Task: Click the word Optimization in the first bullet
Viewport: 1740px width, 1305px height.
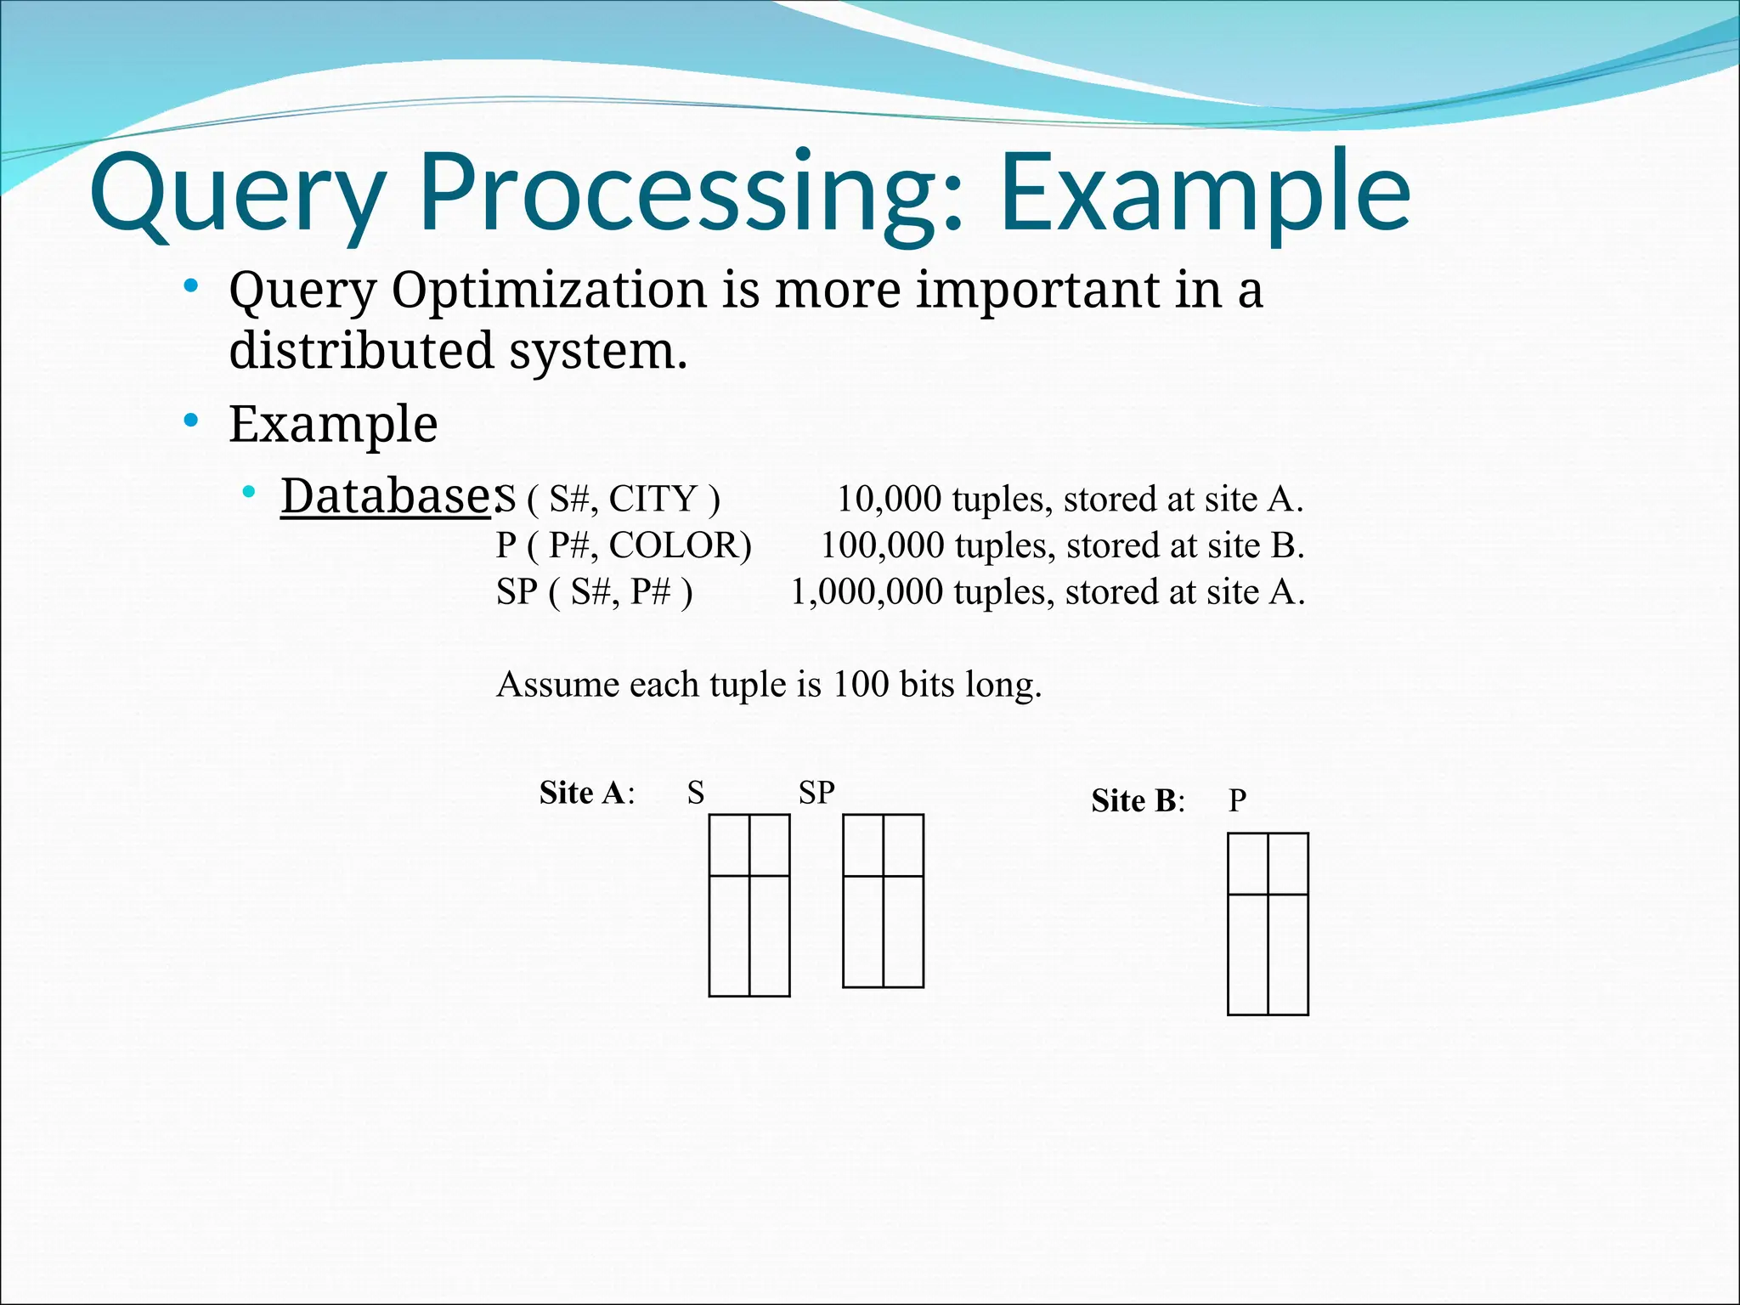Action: pyautogui.click(x=549, y=290)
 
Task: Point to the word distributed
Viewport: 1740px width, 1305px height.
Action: pyautogui.click(x=361, y=350)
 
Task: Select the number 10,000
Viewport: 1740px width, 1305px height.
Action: pyautogui.click(x=889, y=499)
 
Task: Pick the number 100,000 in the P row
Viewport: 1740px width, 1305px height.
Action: pyautogui.click(x=882, y=545)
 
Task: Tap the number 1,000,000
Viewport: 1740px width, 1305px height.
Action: pyautogui.click(x=867, y=592)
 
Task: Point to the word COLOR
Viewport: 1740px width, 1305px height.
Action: pyautogui.click(x=680, y=545)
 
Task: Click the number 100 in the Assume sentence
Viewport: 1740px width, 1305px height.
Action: pyautogui.click(x=860, y=684)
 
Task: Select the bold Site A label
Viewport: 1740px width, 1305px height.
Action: pyautogui.click(x=585, y=793)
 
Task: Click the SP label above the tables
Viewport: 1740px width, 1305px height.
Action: pyautogui.click(x=816, y=793)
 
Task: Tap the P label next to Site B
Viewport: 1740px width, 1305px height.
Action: pyautogui.click(x=1237, y=801)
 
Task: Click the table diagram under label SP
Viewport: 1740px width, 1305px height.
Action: pyautogui.click(x=883, y=901)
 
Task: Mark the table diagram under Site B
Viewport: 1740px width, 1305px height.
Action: pyautogui.click(x=1268, y=924)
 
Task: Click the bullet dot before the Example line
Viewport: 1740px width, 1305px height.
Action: pyautogui.click(x=191, y=420)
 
